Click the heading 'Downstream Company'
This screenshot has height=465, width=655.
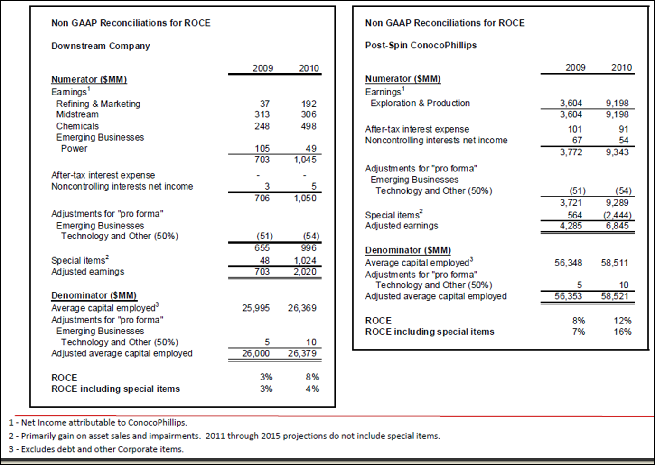(101, 46)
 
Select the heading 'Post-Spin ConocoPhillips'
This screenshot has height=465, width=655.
(421, 45)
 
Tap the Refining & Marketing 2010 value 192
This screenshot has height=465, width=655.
(309, 104)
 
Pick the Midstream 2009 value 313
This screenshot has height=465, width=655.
(262, 114)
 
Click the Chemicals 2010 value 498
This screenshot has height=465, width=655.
(309, 126)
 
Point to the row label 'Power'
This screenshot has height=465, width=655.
(74, 149)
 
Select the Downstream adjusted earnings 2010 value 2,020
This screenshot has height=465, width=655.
(305, 272)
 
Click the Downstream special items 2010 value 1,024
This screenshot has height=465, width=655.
(305, 260)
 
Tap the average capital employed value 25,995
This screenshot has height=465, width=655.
(256, 308)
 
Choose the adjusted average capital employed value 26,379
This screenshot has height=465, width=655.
(302, 353)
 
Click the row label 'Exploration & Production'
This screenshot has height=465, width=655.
(420, 103)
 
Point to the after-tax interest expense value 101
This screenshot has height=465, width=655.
(575, 129)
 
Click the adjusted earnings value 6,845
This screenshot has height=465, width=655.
(617, 226)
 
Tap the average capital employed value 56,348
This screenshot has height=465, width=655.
(568, 263)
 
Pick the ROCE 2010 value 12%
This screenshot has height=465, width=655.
(622, 321)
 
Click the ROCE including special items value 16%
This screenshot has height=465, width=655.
(622, 332)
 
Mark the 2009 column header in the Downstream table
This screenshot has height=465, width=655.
(263, 68)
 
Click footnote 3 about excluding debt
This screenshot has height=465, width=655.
(96, 449)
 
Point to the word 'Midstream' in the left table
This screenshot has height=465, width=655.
(77, 114)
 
